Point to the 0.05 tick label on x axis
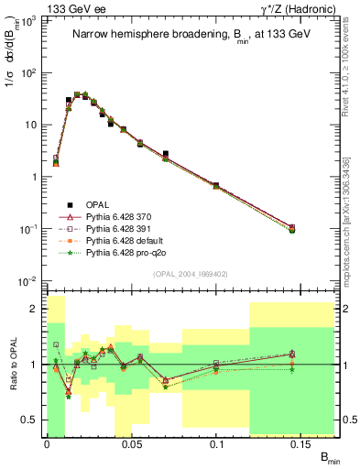tap(132, 444)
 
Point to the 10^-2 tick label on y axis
tap(27, 280)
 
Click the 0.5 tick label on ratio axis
tap(30, 420)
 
